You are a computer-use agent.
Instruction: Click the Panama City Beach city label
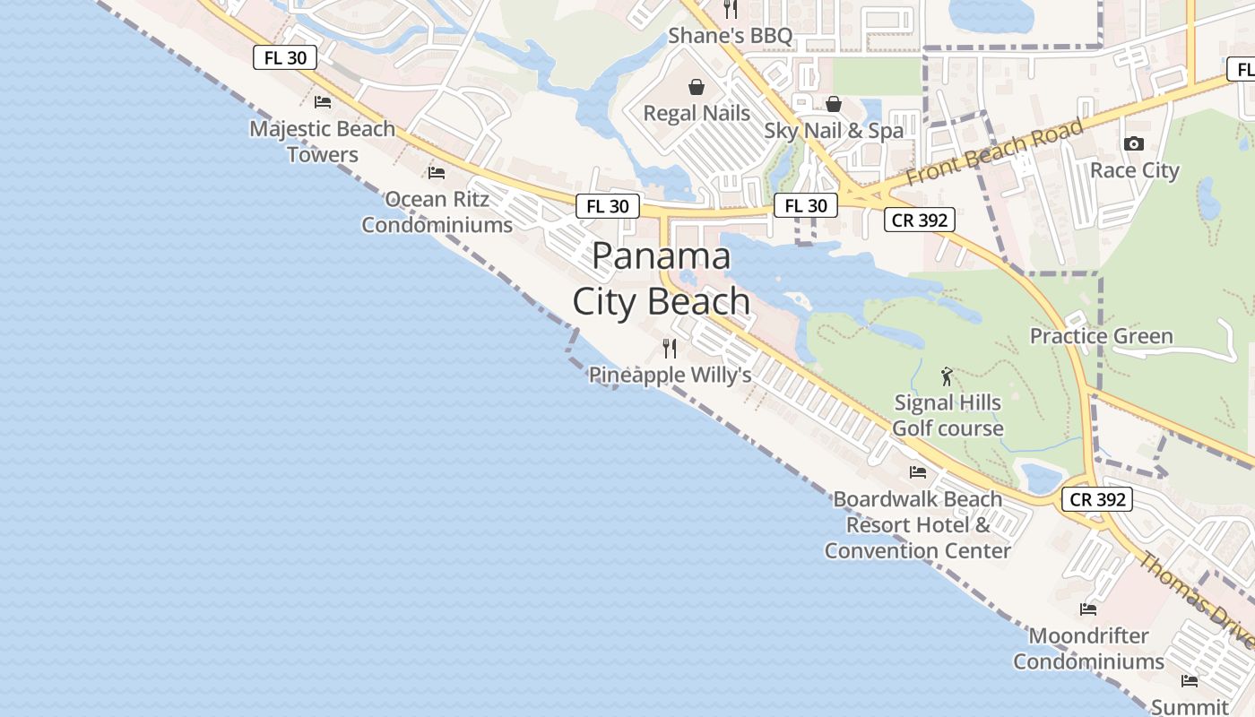tap(662, 279)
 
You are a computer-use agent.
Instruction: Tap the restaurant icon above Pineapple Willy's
tap(670, 348)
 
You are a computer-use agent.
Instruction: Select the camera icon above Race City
tap(1134, 143)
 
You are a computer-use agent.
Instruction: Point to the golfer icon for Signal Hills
tap(947, 376)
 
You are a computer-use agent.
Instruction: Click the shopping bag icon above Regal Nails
tap(696, 87)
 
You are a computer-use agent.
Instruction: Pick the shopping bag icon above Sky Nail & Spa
tap(834, 104)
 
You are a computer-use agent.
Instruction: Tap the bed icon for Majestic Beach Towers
tap(323, 102)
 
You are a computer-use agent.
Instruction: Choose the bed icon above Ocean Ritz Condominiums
tap(437, 172)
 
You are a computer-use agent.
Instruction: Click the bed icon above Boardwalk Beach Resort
tap(917, 471)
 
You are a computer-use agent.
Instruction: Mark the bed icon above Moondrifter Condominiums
tap(1088, 609)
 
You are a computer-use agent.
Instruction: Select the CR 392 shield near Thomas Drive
tap(1098, 499)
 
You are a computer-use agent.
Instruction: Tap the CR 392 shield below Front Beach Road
tap(920, 220)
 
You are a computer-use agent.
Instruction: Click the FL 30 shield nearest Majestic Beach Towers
tap(286, 58)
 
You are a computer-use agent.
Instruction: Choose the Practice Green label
tap(1101, 336)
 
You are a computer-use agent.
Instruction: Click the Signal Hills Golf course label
tap(948, 415)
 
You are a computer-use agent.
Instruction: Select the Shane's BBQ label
tap(731, 36)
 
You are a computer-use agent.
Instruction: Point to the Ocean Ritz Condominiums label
tap(437, 212)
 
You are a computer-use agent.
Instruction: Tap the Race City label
tap(1134, 170)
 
